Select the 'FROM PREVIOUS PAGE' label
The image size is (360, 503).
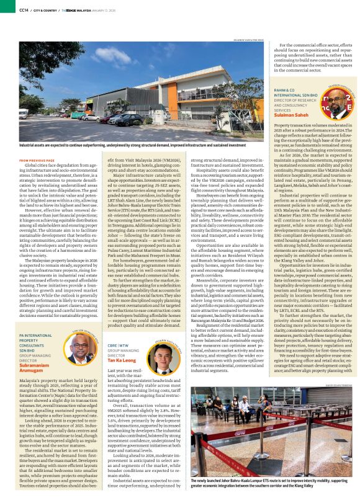(x=37, y=160)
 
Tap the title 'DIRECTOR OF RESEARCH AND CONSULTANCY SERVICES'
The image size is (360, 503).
(x=294, y=103)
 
